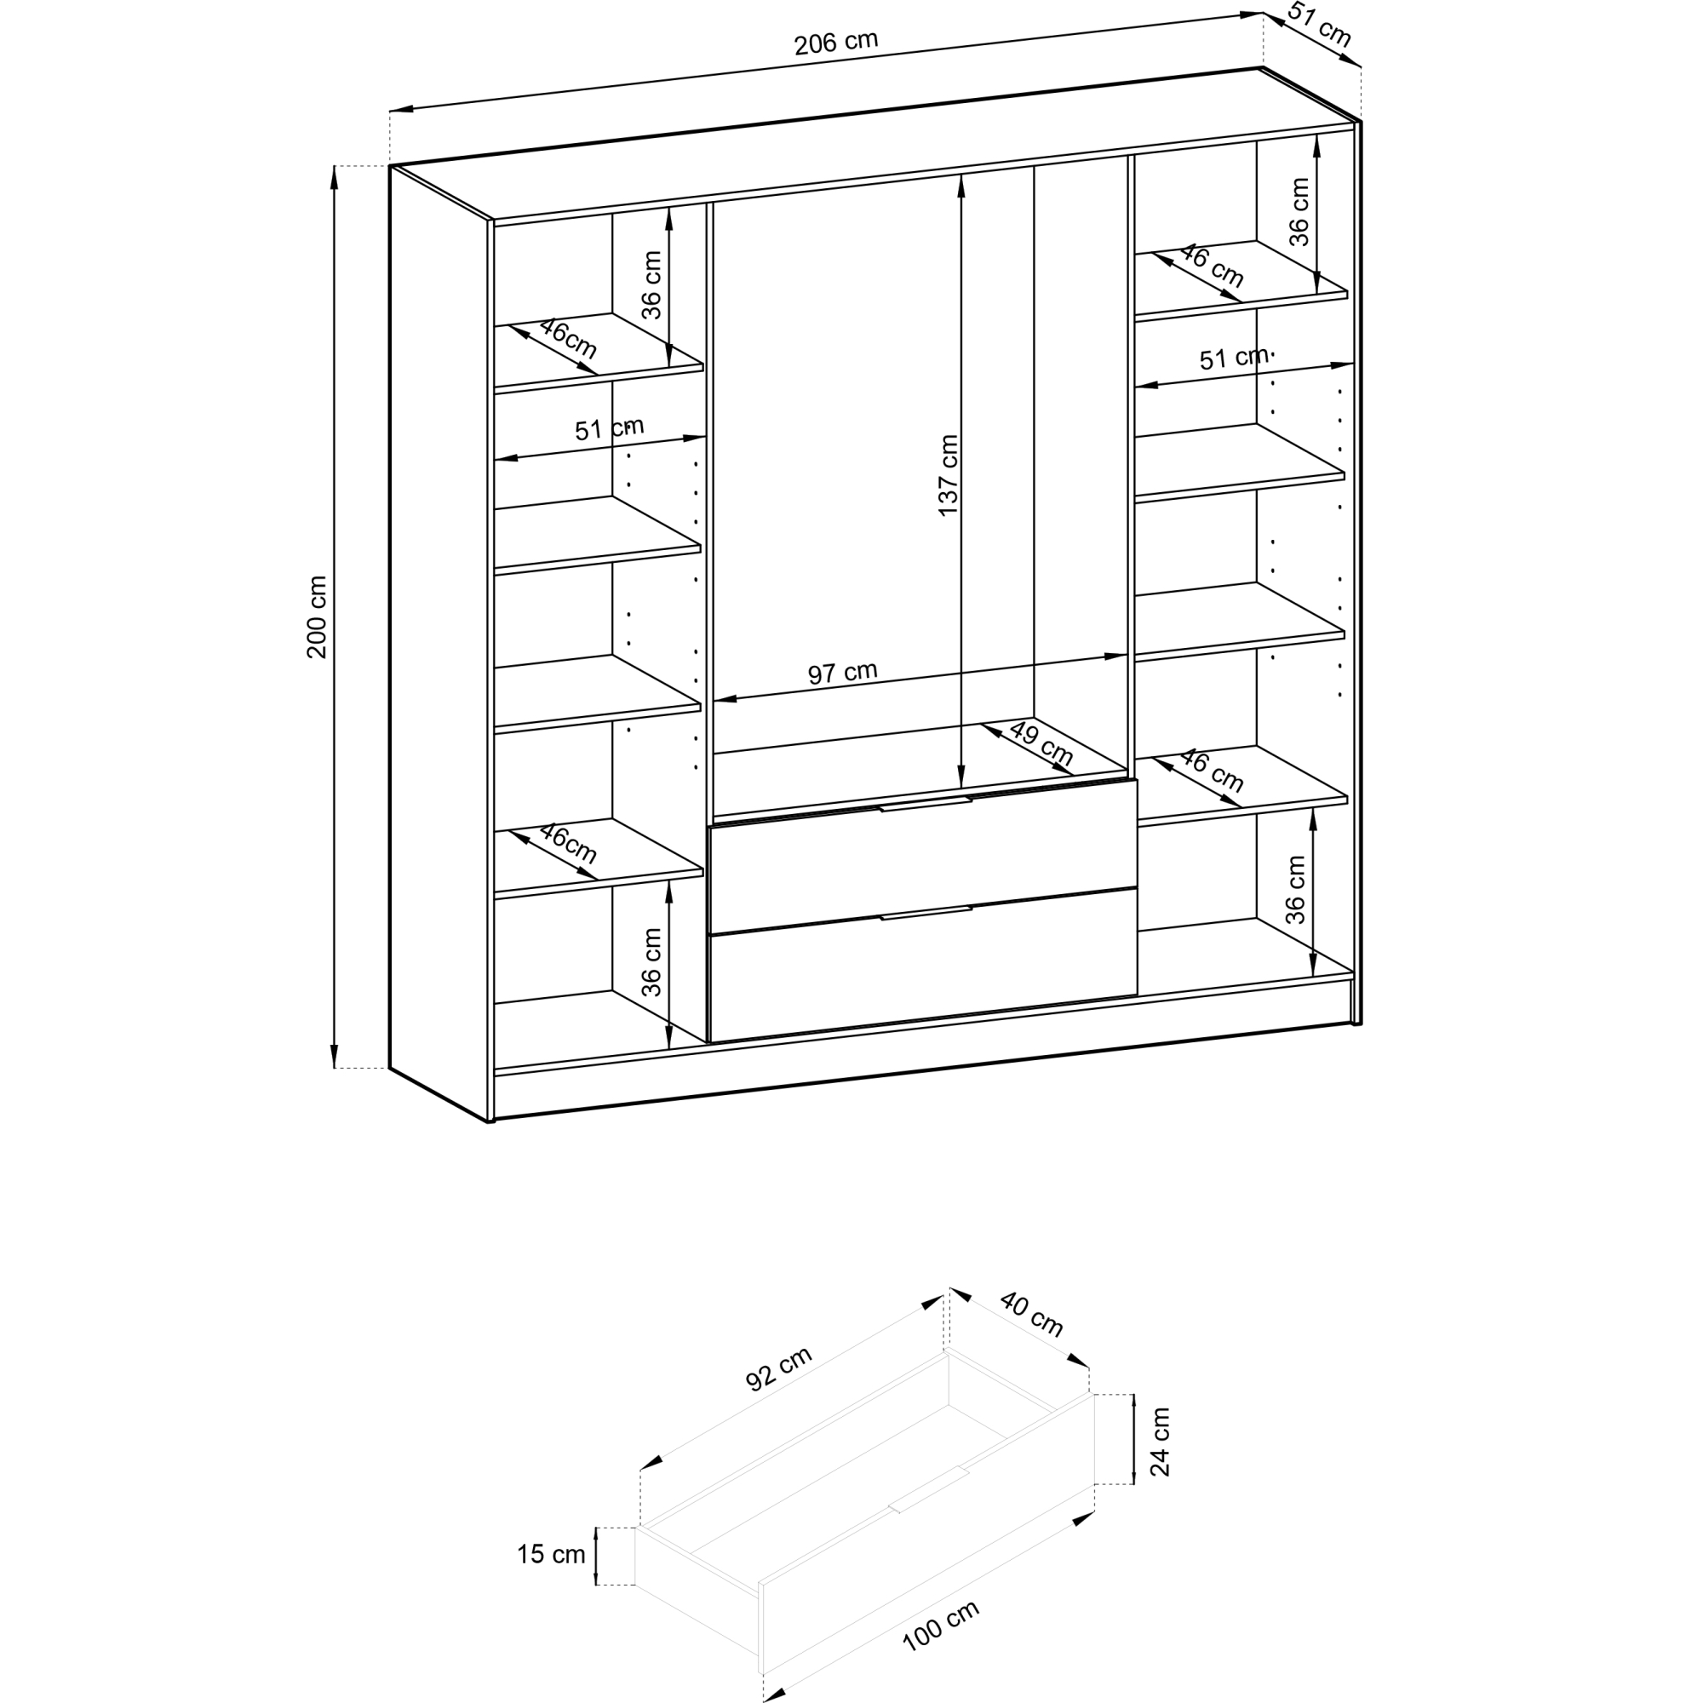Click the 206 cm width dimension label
pos(835,43)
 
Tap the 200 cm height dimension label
pos(318,617)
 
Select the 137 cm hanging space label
pos(949,475)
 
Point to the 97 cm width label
pos(843,673)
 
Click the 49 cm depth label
pos(1041,743)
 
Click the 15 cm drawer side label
pos(551,1554)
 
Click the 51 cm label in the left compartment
pos(609,429)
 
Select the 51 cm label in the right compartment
pos(1234,358)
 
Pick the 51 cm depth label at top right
pos(1320,25)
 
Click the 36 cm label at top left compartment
pos(651,284)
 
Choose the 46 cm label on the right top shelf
pos(1212,266)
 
